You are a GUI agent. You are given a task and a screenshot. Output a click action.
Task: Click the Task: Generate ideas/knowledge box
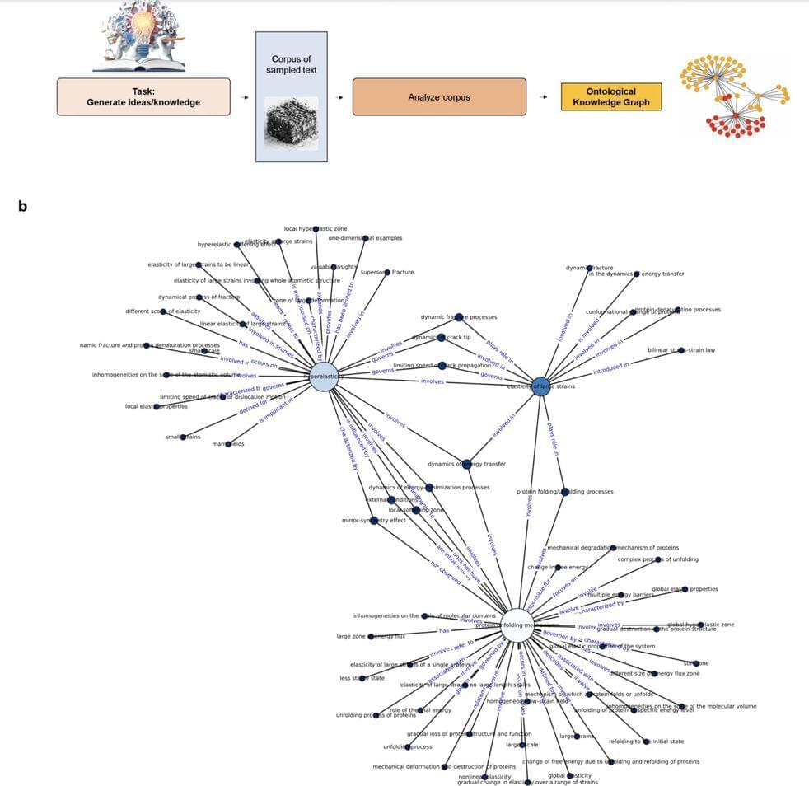(x=143, y=96)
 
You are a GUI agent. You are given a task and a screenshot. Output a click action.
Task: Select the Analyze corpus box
(x=439, y=96)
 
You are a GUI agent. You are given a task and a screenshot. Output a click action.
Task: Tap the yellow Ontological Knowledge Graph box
(x=611, y=96)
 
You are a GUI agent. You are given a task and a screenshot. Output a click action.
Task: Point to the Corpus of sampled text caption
(x=291, y=64)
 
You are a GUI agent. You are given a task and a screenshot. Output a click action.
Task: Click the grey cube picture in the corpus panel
(x=291, y=123)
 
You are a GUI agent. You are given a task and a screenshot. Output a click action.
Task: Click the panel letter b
(x=23, y=206)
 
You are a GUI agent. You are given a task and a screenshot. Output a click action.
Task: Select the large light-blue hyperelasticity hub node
(x=324, y=377)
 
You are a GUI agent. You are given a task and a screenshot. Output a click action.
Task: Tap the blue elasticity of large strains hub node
(x=540, y=386)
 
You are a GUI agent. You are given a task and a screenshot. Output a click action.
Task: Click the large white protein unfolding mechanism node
(x=517, y=625)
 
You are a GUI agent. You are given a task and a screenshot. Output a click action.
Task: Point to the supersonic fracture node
(x=386, y=272)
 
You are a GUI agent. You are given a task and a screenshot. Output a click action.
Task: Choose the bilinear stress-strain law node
(x=680, y=350)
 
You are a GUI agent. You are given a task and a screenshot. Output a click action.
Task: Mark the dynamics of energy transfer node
(x=466, y=464)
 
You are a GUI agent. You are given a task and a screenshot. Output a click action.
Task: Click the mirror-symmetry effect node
(x=374, y=520)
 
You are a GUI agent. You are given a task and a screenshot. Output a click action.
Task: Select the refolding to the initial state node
(x=646, y=742)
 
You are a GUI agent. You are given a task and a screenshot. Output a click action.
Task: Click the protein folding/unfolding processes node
(x=564, y=492)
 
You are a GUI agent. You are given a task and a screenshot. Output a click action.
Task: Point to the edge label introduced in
(x=610, y=367)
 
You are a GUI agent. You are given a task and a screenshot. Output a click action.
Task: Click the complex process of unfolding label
(x=657, y=559)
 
